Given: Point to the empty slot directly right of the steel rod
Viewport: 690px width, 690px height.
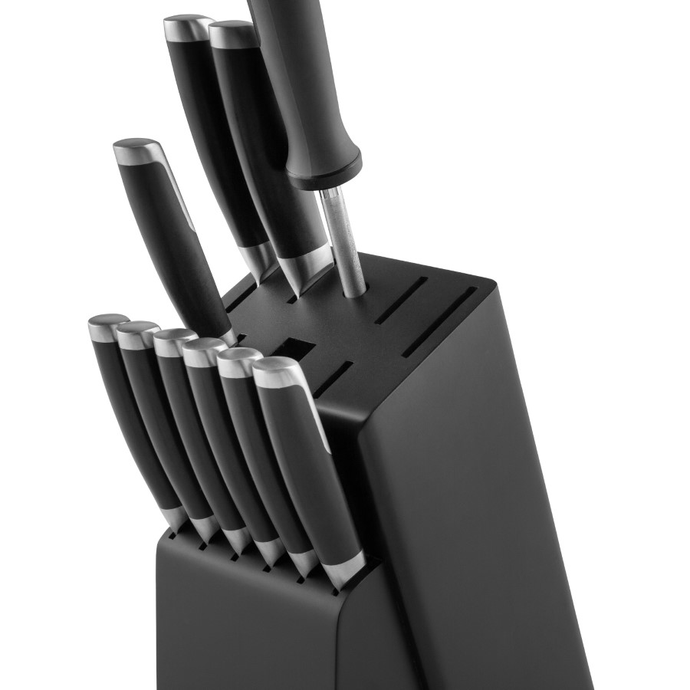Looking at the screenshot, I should pos(399,300).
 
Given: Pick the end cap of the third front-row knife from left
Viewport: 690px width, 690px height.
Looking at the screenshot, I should pos(174,342).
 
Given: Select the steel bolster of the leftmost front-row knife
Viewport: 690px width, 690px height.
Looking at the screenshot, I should pos(175,517).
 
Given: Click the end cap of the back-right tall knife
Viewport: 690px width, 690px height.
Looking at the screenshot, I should pos(232,34).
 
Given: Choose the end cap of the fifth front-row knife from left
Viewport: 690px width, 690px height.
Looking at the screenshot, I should pos(238,363).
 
